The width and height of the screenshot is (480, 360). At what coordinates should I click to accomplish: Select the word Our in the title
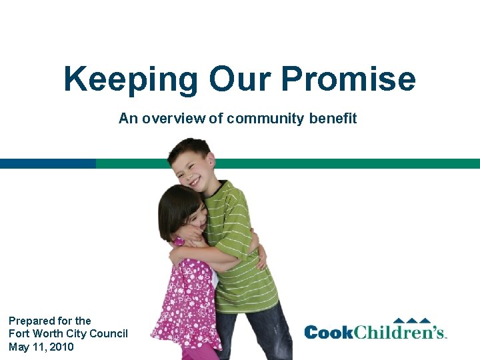tap(239, 79)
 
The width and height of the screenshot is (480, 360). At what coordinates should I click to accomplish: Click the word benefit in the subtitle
tap(333, 119)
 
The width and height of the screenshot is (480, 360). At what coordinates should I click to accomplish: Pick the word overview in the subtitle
tap(172, 119)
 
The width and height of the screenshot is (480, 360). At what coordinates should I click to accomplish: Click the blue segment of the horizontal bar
tap(47, 163)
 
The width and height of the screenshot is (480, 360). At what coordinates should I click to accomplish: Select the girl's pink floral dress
tap(183, 293)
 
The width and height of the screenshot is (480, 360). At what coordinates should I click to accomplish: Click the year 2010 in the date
tap(61, 347)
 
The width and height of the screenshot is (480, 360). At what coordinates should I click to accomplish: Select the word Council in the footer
tap(109, 333)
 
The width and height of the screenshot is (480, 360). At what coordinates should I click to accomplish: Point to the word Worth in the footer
tap(45, 333)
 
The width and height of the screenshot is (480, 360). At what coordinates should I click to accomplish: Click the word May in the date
tap(19, 347)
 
